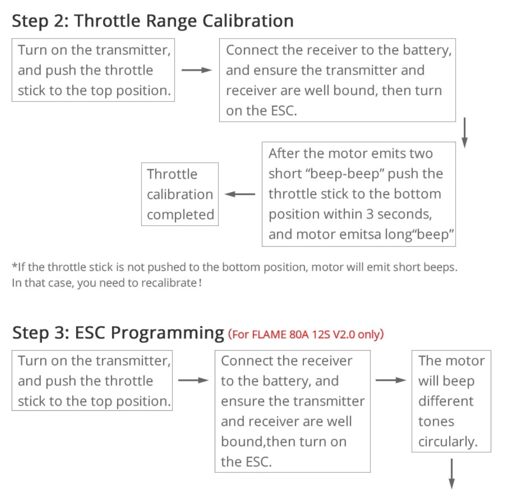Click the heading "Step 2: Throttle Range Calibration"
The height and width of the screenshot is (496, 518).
click(x=152, y=21)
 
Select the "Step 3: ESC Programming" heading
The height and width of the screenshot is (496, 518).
click(x=118, y=333)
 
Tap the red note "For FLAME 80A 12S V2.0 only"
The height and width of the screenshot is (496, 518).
click(x=306, y=334)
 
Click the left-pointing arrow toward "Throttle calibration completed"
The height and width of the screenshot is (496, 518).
click(x=240, y=194)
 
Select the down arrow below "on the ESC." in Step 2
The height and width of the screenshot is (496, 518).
click(x=464, y=132)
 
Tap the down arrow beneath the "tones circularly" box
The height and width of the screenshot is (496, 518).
click(x=452, y=473)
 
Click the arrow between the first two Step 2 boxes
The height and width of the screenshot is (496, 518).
click(x=197, y=70)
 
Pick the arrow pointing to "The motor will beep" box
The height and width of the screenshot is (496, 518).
click(x=390, y=380)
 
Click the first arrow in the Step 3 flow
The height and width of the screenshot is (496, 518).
click(x=193, y=380)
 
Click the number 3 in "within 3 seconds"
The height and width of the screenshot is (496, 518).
click(x=370, y=214)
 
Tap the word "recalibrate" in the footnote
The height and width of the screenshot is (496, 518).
click(x=169, y=283)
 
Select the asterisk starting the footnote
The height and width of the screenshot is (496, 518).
click(x=15, y=265)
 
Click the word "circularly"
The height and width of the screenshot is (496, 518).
click(x=448, y=442)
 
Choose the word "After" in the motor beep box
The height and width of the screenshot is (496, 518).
click(x=284, y=153)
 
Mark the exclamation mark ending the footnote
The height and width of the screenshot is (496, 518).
click(x=200, y=283)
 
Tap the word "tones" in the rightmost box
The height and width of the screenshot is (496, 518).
click(x=436, y=422)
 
